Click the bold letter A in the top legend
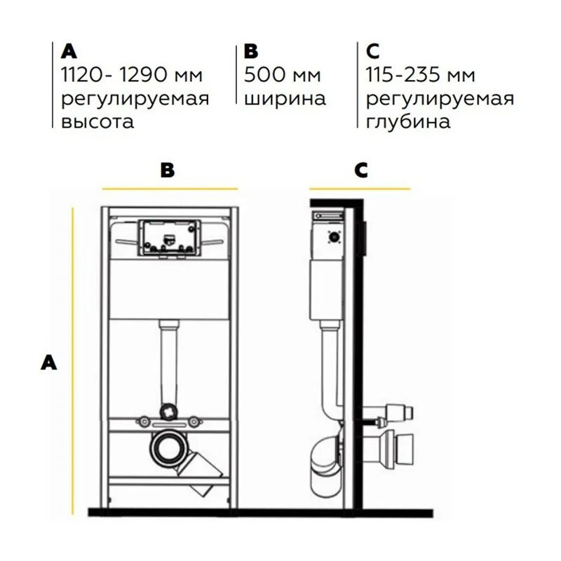pyautogui.click(x=69, y=51)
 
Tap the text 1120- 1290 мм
pyautogui.click(x=132, y=75)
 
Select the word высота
pyautogui.click(x=97, y=121)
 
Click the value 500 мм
pyautogui.click(x=283, y=75)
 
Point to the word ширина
pyautogui.click(x=285, y=99)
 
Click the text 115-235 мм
pyautogui.click(x=420, y=75)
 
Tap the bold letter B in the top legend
pyautogui.click(x=251, y=51)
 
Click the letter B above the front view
pyautogui.click(x=168, y=170)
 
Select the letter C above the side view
pyautogui.click(x=361, y=170)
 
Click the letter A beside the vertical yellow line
pyautogui.click(x=48, y=362)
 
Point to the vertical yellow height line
pyautogui.click(x=73, y=361)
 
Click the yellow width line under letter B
pyautogui.click(x=170, y=189)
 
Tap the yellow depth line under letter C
pyautogui.click(x=360, y=189)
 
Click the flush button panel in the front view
pyautogui.click(x=170, y=238)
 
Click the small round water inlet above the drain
pyautogui.click(x=168, y=412)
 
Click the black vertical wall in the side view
pyautogui.click(x=358, y=358)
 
